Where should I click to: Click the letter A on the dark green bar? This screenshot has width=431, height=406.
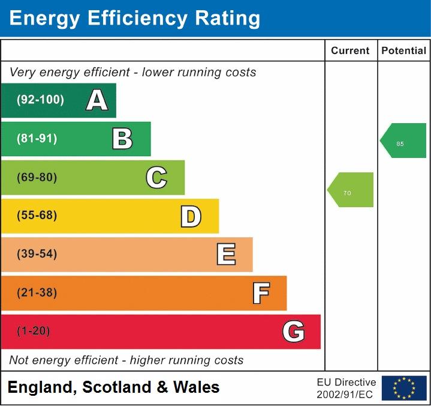point(97,100)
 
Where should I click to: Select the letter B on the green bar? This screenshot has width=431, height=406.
point(122,139)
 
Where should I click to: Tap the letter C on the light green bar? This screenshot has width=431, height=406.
point(156,177)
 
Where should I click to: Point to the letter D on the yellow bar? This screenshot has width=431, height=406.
point(191,216)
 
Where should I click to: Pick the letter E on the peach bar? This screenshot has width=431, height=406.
point(226,254)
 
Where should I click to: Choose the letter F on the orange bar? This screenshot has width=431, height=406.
point(261,293)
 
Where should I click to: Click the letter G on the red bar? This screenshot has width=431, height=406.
point(294,332)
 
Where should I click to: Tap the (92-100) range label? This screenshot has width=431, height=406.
point(40,100)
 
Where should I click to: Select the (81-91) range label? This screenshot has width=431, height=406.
point(37,139)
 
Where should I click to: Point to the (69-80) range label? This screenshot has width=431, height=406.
point(37,177)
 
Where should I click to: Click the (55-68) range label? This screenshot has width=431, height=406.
point(37,216)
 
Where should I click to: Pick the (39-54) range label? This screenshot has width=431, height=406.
point(37,254)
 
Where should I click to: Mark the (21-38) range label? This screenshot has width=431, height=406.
point(37,293)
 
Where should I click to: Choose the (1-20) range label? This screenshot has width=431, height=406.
point(34,332)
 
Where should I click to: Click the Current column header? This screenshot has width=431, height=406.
point(350,51)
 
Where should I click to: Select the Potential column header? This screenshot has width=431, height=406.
point(404,51)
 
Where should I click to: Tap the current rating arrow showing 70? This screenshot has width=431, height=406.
point(351,190)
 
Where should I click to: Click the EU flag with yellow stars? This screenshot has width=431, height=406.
point(404,388)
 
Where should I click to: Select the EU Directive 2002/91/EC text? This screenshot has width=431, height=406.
point(346,388)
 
